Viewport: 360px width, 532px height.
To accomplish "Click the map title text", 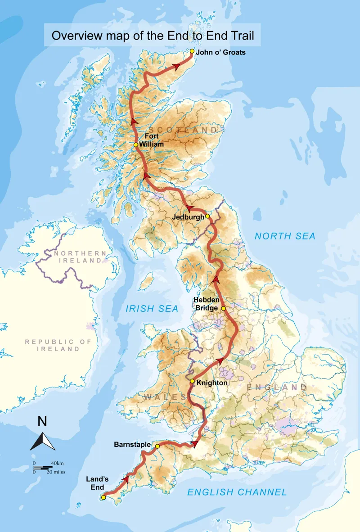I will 153,36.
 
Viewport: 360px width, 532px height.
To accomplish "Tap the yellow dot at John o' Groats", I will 192,51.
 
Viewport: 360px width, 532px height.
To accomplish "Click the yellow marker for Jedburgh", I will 207,216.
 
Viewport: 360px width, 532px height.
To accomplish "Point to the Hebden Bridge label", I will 206,304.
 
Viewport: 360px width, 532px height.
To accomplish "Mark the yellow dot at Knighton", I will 192,381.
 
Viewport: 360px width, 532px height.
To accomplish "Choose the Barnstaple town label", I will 132,445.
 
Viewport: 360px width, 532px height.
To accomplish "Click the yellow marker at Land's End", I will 103,497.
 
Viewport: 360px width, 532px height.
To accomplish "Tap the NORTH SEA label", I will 285,236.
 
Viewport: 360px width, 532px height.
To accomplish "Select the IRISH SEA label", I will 152,309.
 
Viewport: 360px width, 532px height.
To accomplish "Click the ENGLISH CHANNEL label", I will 237,492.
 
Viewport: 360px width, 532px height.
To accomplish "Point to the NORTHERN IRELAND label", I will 80,257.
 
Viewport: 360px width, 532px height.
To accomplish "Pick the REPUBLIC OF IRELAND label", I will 58,345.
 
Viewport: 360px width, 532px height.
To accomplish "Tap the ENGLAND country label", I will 276,388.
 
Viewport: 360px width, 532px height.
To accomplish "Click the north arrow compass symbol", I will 43,441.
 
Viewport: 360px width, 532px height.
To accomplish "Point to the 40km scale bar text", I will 57,463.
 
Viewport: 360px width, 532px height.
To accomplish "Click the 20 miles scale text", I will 57,472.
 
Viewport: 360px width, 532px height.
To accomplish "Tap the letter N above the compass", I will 42,422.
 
